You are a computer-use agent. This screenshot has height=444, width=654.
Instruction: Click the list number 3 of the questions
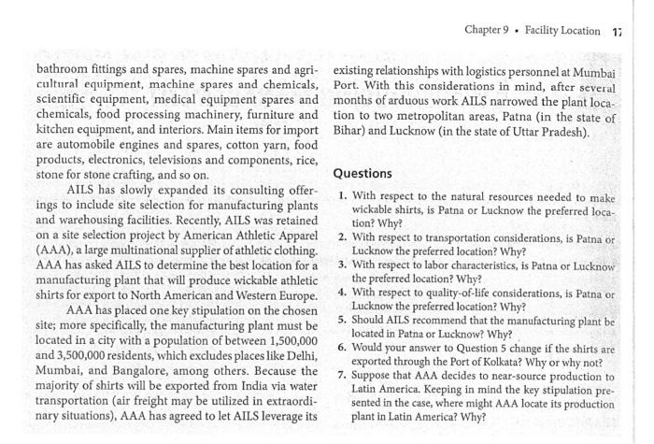click(344, 265)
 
